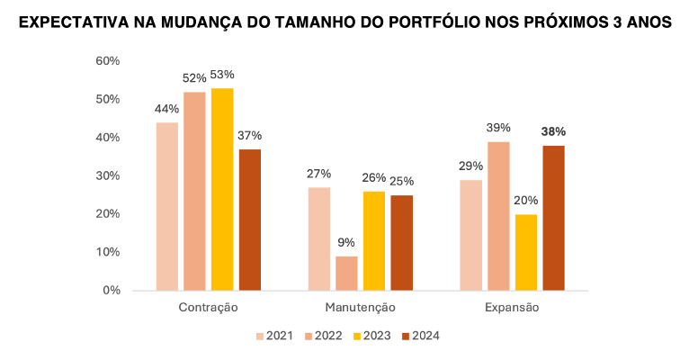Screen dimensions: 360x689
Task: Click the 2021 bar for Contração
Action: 166,207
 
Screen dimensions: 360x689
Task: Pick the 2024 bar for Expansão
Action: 553,218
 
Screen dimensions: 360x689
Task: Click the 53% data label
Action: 222,75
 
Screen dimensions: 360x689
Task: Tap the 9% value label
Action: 346,242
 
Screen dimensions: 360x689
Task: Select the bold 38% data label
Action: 553,131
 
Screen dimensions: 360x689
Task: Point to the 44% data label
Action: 166,109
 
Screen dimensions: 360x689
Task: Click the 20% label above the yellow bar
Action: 526,201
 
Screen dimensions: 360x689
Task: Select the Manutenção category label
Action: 360,308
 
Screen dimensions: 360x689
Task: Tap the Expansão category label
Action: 512,308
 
